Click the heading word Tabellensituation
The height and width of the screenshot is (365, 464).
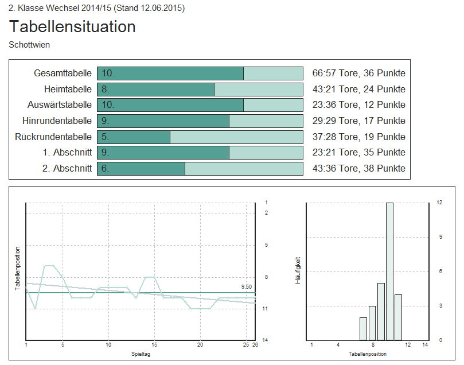coord(72,26)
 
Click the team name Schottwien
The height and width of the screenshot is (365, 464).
coord(29,44)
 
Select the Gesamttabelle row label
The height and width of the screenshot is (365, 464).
coord(63,73)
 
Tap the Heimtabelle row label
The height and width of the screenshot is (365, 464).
coord(68,90)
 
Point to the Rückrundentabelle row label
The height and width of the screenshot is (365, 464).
coord(53,137)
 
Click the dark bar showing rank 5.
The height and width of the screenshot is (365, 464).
coord(134,137)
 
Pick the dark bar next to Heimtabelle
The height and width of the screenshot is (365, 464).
coord(155,90)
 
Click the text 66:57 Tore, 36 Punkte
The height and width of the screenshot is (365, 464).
coord(358,73)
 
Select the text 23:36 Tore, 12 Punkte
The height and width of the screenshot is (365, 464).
coord(358,105)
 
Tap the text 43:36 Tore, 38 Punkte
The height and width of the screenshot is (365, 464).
coord(358,169)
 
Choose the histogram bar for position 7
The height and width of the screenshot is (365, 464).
coord(363,328)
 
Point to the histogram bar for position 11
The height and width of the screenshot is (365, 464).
coord(399,317)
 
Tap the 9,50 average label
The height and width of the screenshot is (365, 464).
coord(246,286)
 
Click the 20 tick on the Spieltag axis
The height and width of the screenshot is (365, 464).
coord(200,345)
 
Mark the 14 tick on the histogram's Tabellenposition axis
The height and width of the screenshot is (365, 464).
coord(425,345)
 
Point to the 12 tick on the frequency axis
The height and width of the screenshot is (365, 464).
coord(439,203)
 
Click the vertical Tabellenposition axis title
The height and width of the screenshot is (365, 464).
coord(17,269)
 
